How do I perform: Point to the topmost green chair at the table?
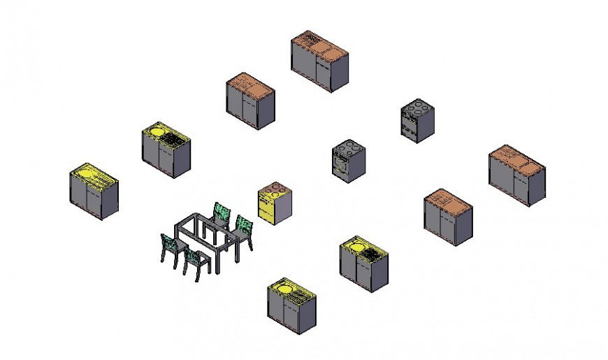(x=222, y=213)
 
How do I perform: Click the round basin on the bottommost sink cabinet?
(x=284, y=286)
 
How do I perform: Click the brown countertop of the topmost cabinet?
(x=319, y=45)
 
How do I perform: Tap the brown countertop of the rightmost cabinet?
(x=516, y=158)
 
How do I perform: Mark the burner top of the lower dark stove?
(x=348, y=147)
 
